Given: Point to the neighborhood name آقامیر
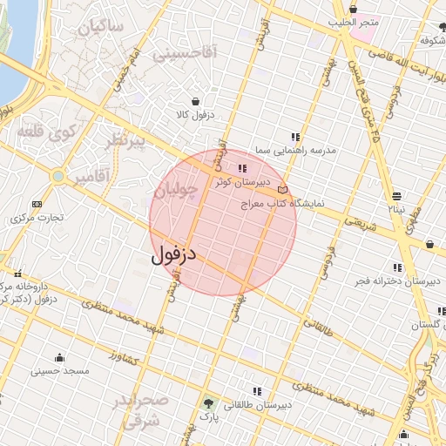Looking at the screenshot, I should (91, 178).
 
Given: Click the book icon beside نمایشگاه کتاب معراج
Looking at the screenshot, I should (281, 189).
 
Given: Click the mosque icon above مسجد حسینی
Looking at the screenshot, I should (59, 357).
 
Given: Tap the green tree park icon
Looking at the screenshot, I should (208, 403).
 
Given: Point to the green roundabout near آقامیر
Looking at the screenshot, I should (57, 176).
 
